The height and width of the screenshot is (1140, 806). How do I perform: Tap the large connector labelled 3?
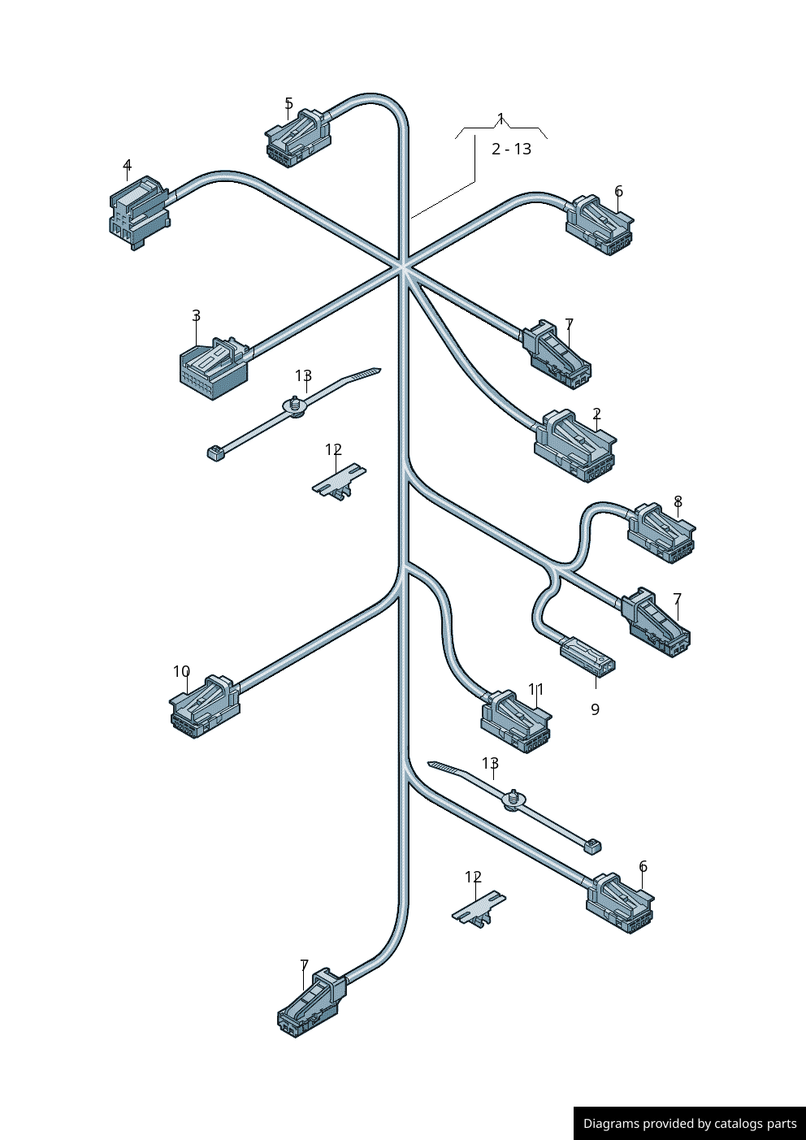click(213, 367)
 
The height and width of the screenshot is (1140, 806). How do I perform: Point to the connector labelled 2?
click(574, 446)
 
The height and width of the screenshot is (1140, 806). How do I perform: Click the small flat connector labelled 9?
click(587, 656)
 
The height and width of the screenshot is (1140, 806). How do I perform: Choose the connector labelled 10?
click(204, 706)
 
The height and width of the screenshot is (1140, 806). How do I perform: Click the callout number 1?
click(500, 119)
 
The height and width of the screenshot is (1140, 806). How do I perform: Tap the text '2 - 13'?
click(511, 149)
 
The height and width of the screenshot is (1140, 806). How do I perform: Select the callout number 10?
click(181, 672)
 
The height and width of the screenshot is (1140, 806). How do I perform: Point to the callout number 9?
click(595, 709)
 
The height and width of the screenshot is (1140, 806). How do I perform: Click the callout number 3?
click(196, 315)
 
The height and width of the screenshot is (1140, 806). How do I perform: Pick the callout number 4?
click(127, 166)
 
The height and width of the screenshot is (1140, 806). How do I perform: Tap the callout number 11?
click(535, 689)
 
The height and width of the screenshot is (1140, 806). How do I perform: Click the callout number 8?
click(678, 502)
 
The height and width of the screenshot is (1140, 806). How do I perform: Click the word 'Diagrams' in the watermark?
click(610, 1124)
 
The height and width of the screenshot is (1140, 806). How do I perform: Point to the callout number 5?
click(288, 103)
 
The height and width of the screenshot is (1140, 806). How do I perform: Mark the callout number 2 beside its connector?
click(596, 414)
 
